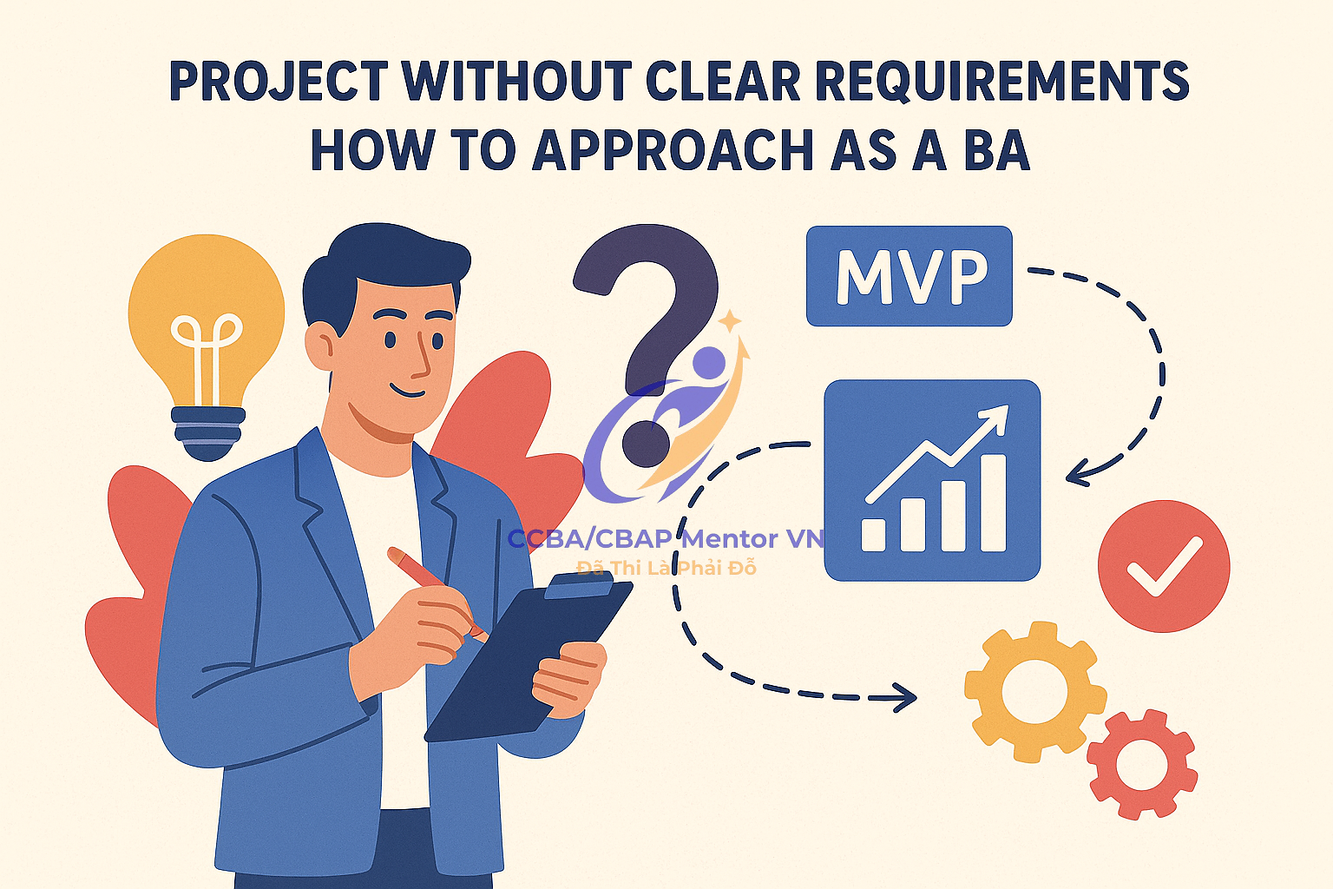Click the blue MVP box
pyautogui.click(x=909, y=276)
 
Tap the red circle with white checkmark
pyautogui.click(x=1164, y=566)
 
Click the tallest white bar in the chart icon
pyautogui.click(x=993, y=503)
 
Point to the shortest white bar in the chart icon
pyautogui.click(x=874, y=535)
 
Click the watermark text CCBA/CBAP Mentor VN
pyautogui.click(x=666, y=539)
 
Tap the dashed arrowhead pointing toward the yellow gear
pyautogui.click(x=904, y=696)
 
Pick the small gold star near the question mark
pyautogui.click(x=730, y=320)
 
